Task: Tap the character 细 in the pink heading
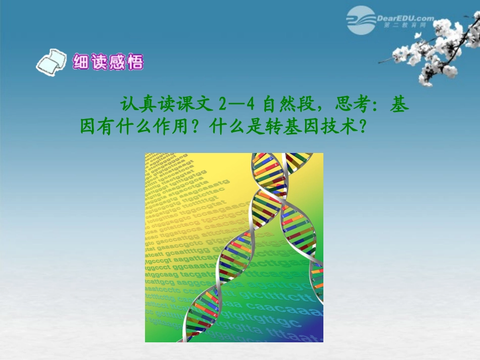pos(81,62)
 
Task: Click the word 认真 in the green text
pos(138,105)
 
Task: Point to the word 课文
pos(194,105)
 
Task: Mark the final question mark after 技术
pos(361,126)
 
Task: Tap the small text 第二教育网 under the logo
pos(402,25)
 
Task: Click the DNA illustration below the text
pos(234,247)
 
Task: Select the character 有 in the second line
pos(107,126)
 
